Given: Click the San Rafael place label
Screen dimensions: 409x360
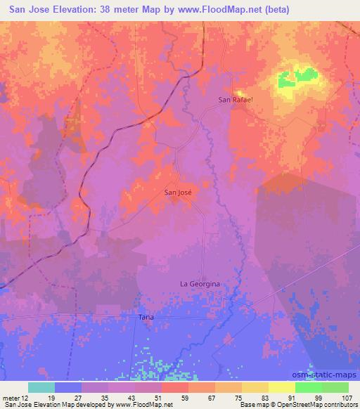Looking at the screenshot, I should click(x=234, y=100).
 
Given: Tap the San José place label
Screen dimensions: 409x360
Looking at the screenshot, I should click(x=178, y=190).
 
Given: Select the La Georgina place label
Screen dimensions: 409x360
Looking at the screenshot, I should click(x=200, y=284).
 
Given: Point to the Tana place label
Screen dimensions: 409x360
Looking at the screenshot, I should click(x=146, y=318).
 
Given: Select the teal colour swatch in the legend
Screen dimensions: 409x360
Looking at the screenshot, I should click(x=41, y=387).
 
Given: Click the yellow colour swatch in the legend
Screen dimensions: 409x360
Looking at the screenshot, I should click(x=281, y=387).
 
